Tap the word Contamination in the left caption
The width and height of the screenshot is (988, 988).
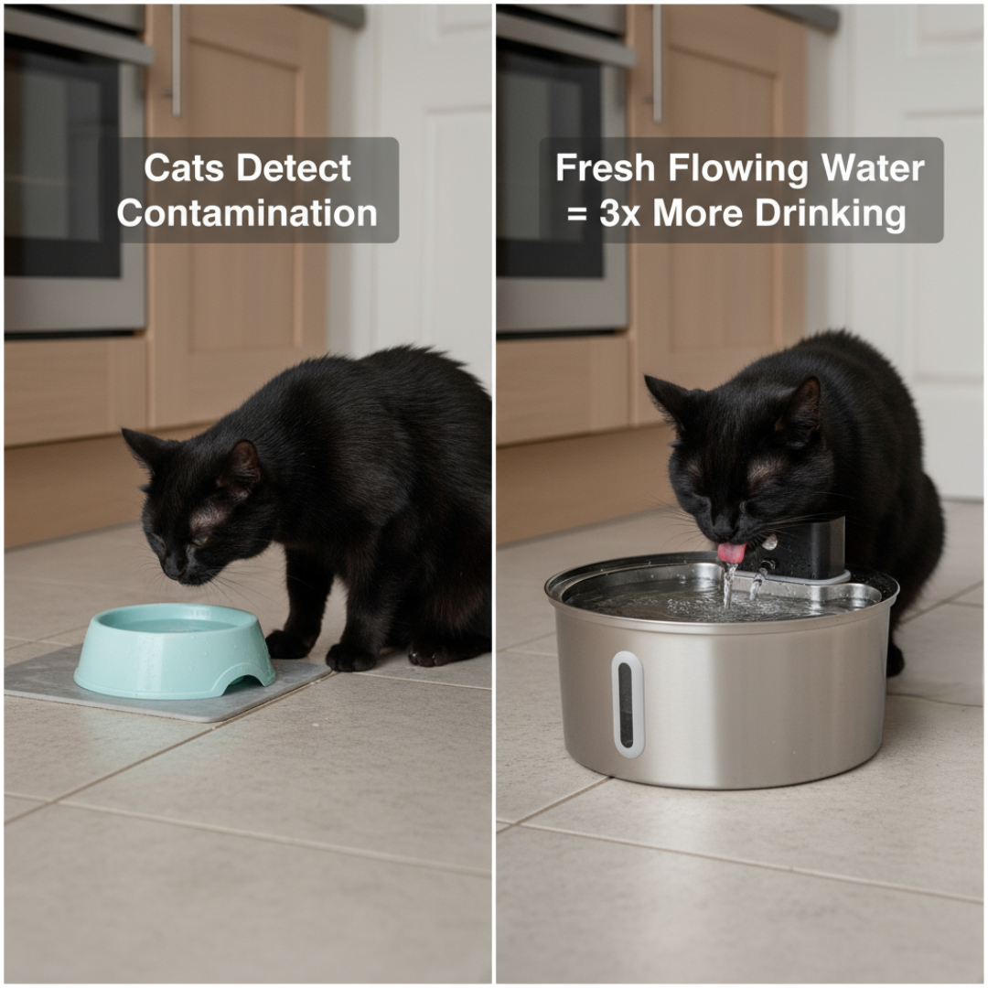(x=247, y=213)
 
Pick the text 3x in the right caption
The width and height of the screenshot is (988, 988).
(x=620, y=213)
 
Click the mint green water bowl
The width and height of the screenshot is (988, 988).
(x=174, y=649)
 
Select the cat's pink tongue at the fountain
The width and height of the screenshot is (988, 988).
(x=730, y=553)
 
